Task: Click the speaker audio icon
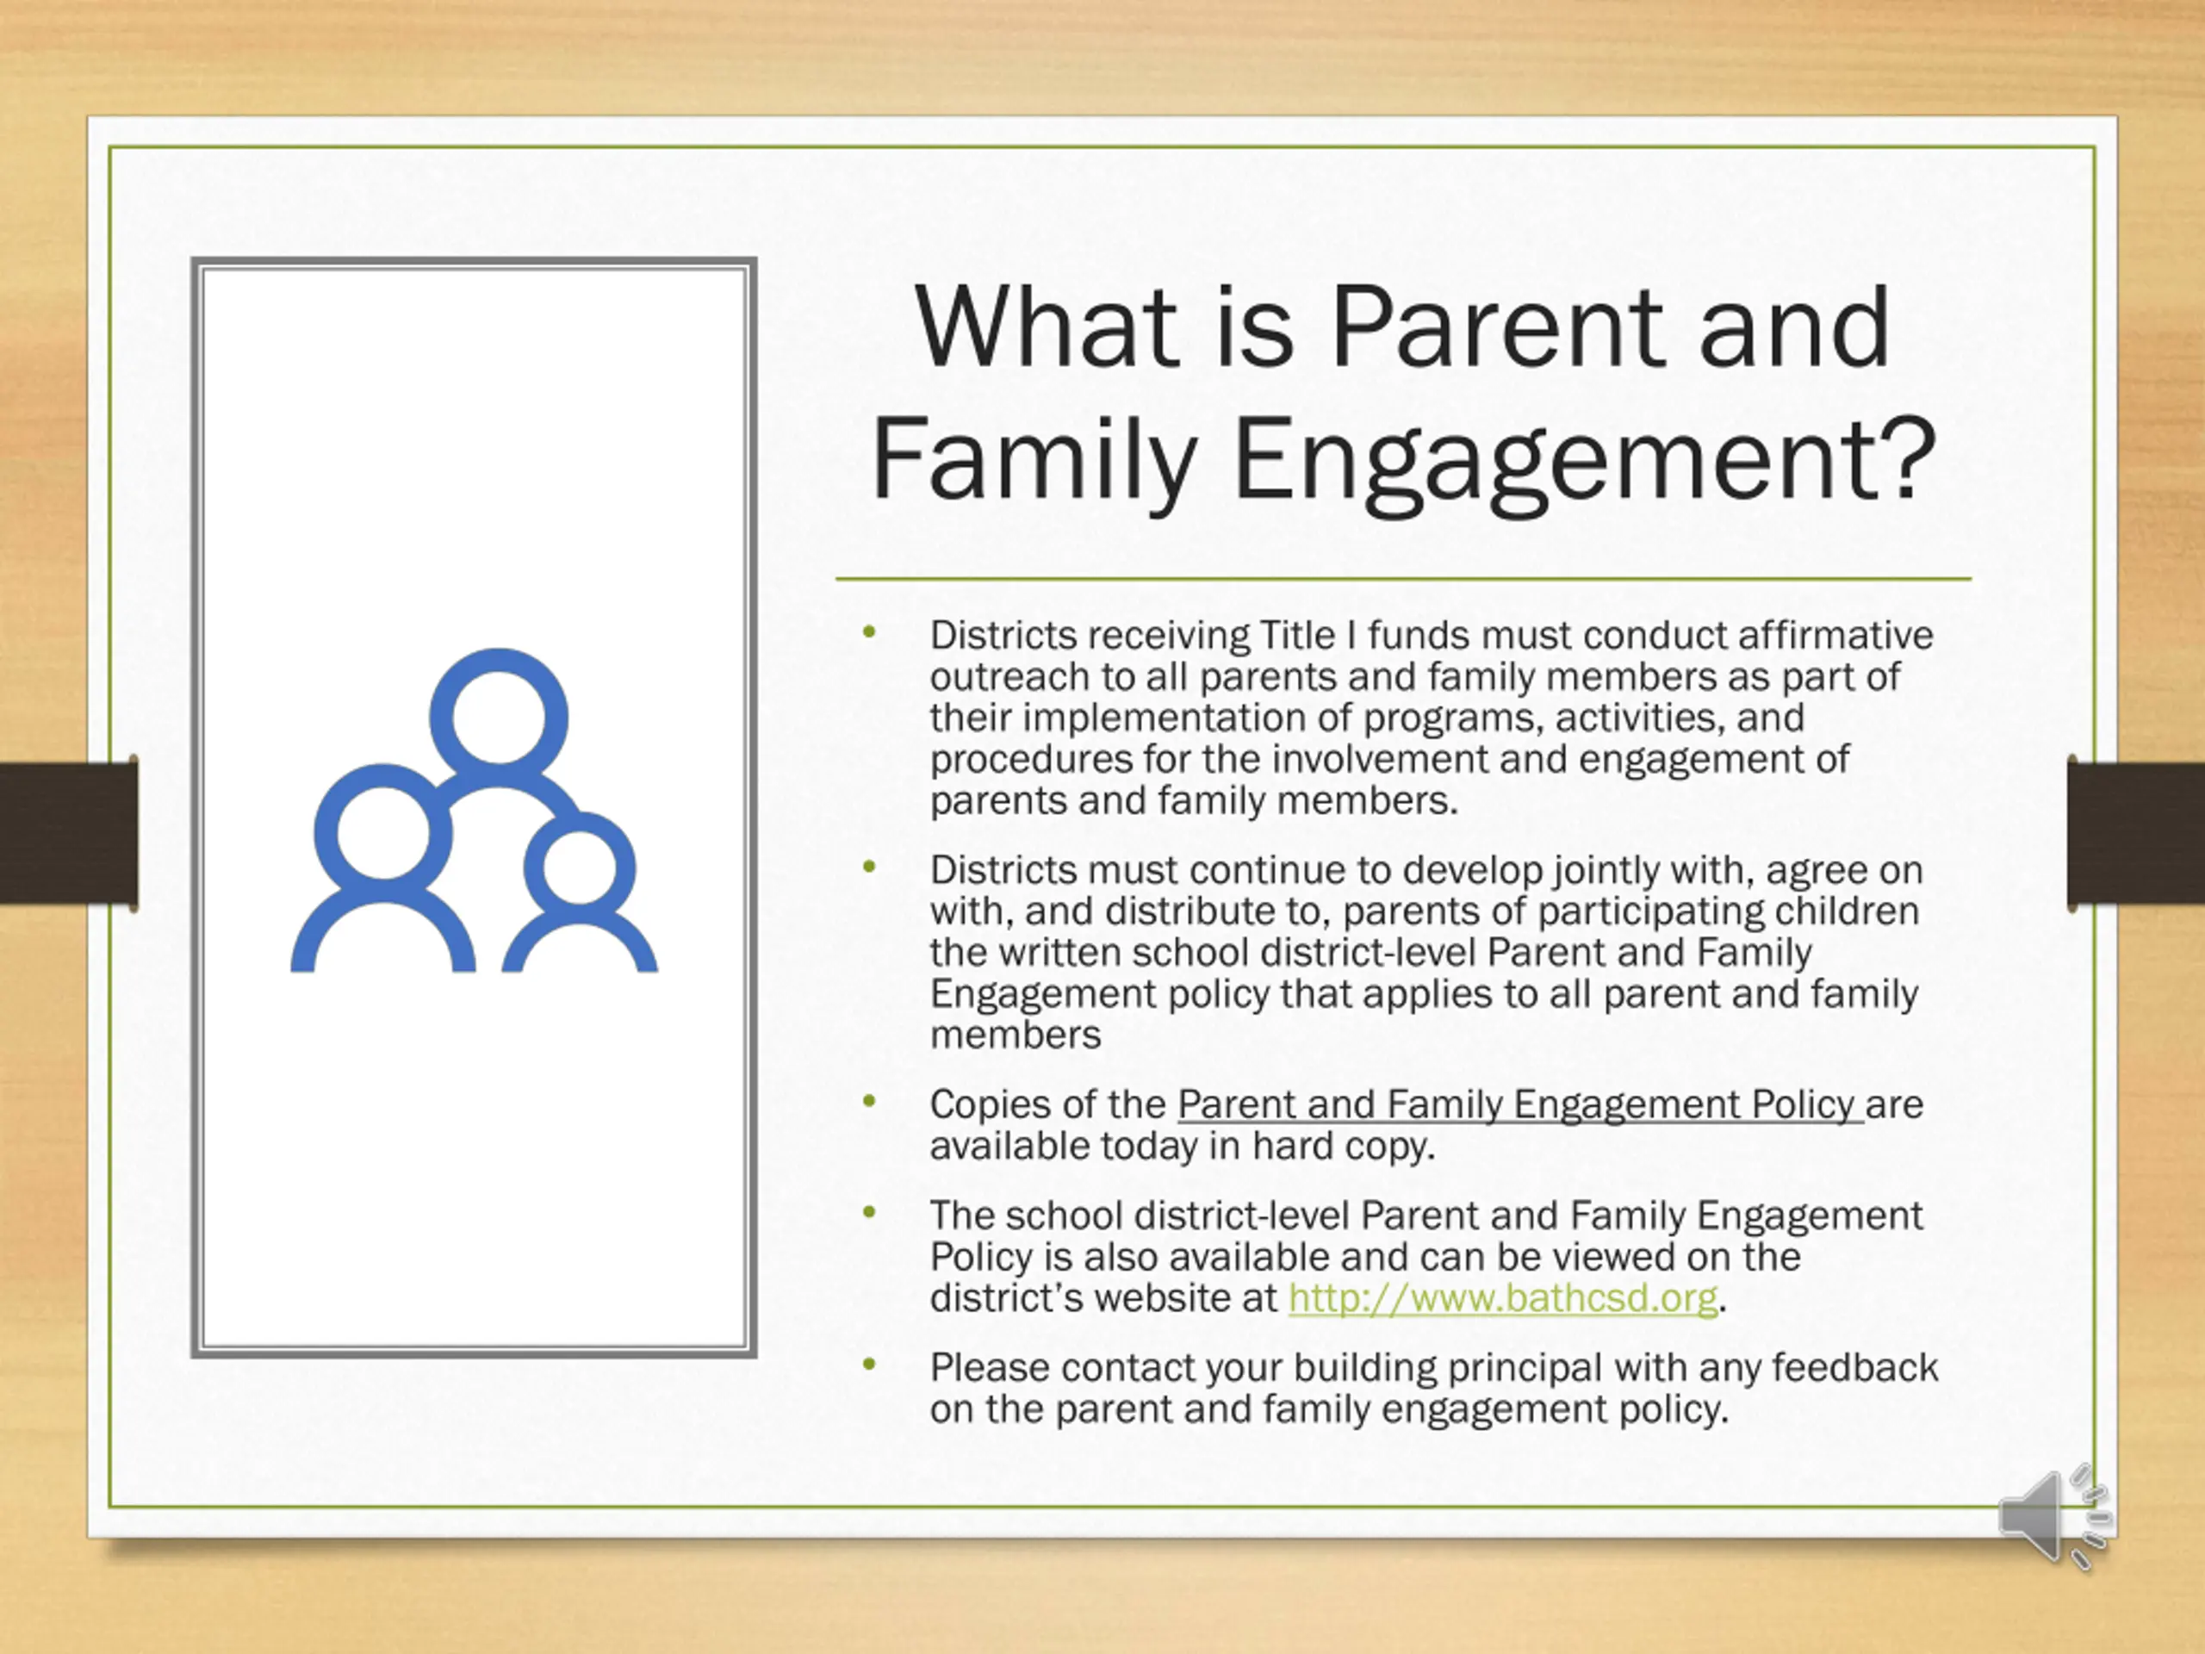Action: pos(2053,1516)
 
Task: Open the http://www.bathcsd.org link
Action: pos(1503,1298)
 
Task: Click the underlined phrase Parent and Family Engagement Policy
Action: pos(1520,1104)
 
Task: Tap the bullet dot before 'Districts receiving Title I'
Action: pos(869,631)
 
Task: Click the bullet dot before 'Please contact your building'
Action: pos(869,1364)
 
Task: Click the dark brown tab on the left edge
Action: pos(68,832)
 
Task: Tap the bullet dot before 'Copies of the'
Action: pos(869,1101)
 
